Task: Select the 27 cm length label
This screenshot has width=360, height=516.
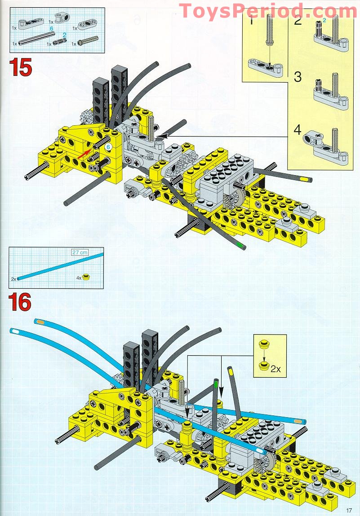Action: click(80, 252)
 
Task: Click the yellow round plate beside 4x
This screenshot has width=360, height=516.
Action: click(86, 278)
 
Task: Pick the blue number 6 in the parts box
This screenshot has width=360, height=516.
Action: click(52, 28)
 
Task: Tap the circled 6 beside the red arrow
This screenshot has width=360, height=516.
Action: click(108, 147)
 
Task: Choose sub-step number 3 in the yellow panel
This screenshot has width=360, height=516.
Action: click(297, 76)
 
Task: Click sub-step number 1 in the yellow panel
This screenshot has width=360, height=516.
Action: click(251, 20)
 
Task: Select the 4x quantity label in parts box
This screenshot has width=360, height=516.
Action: click(79, 278)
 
